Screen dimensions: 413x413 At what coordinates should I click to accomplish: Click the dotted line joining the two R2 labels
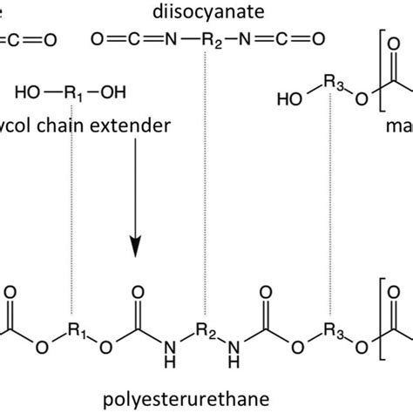206,174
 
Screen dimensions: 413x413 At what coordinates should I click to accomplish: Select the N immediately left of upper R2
172,38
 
